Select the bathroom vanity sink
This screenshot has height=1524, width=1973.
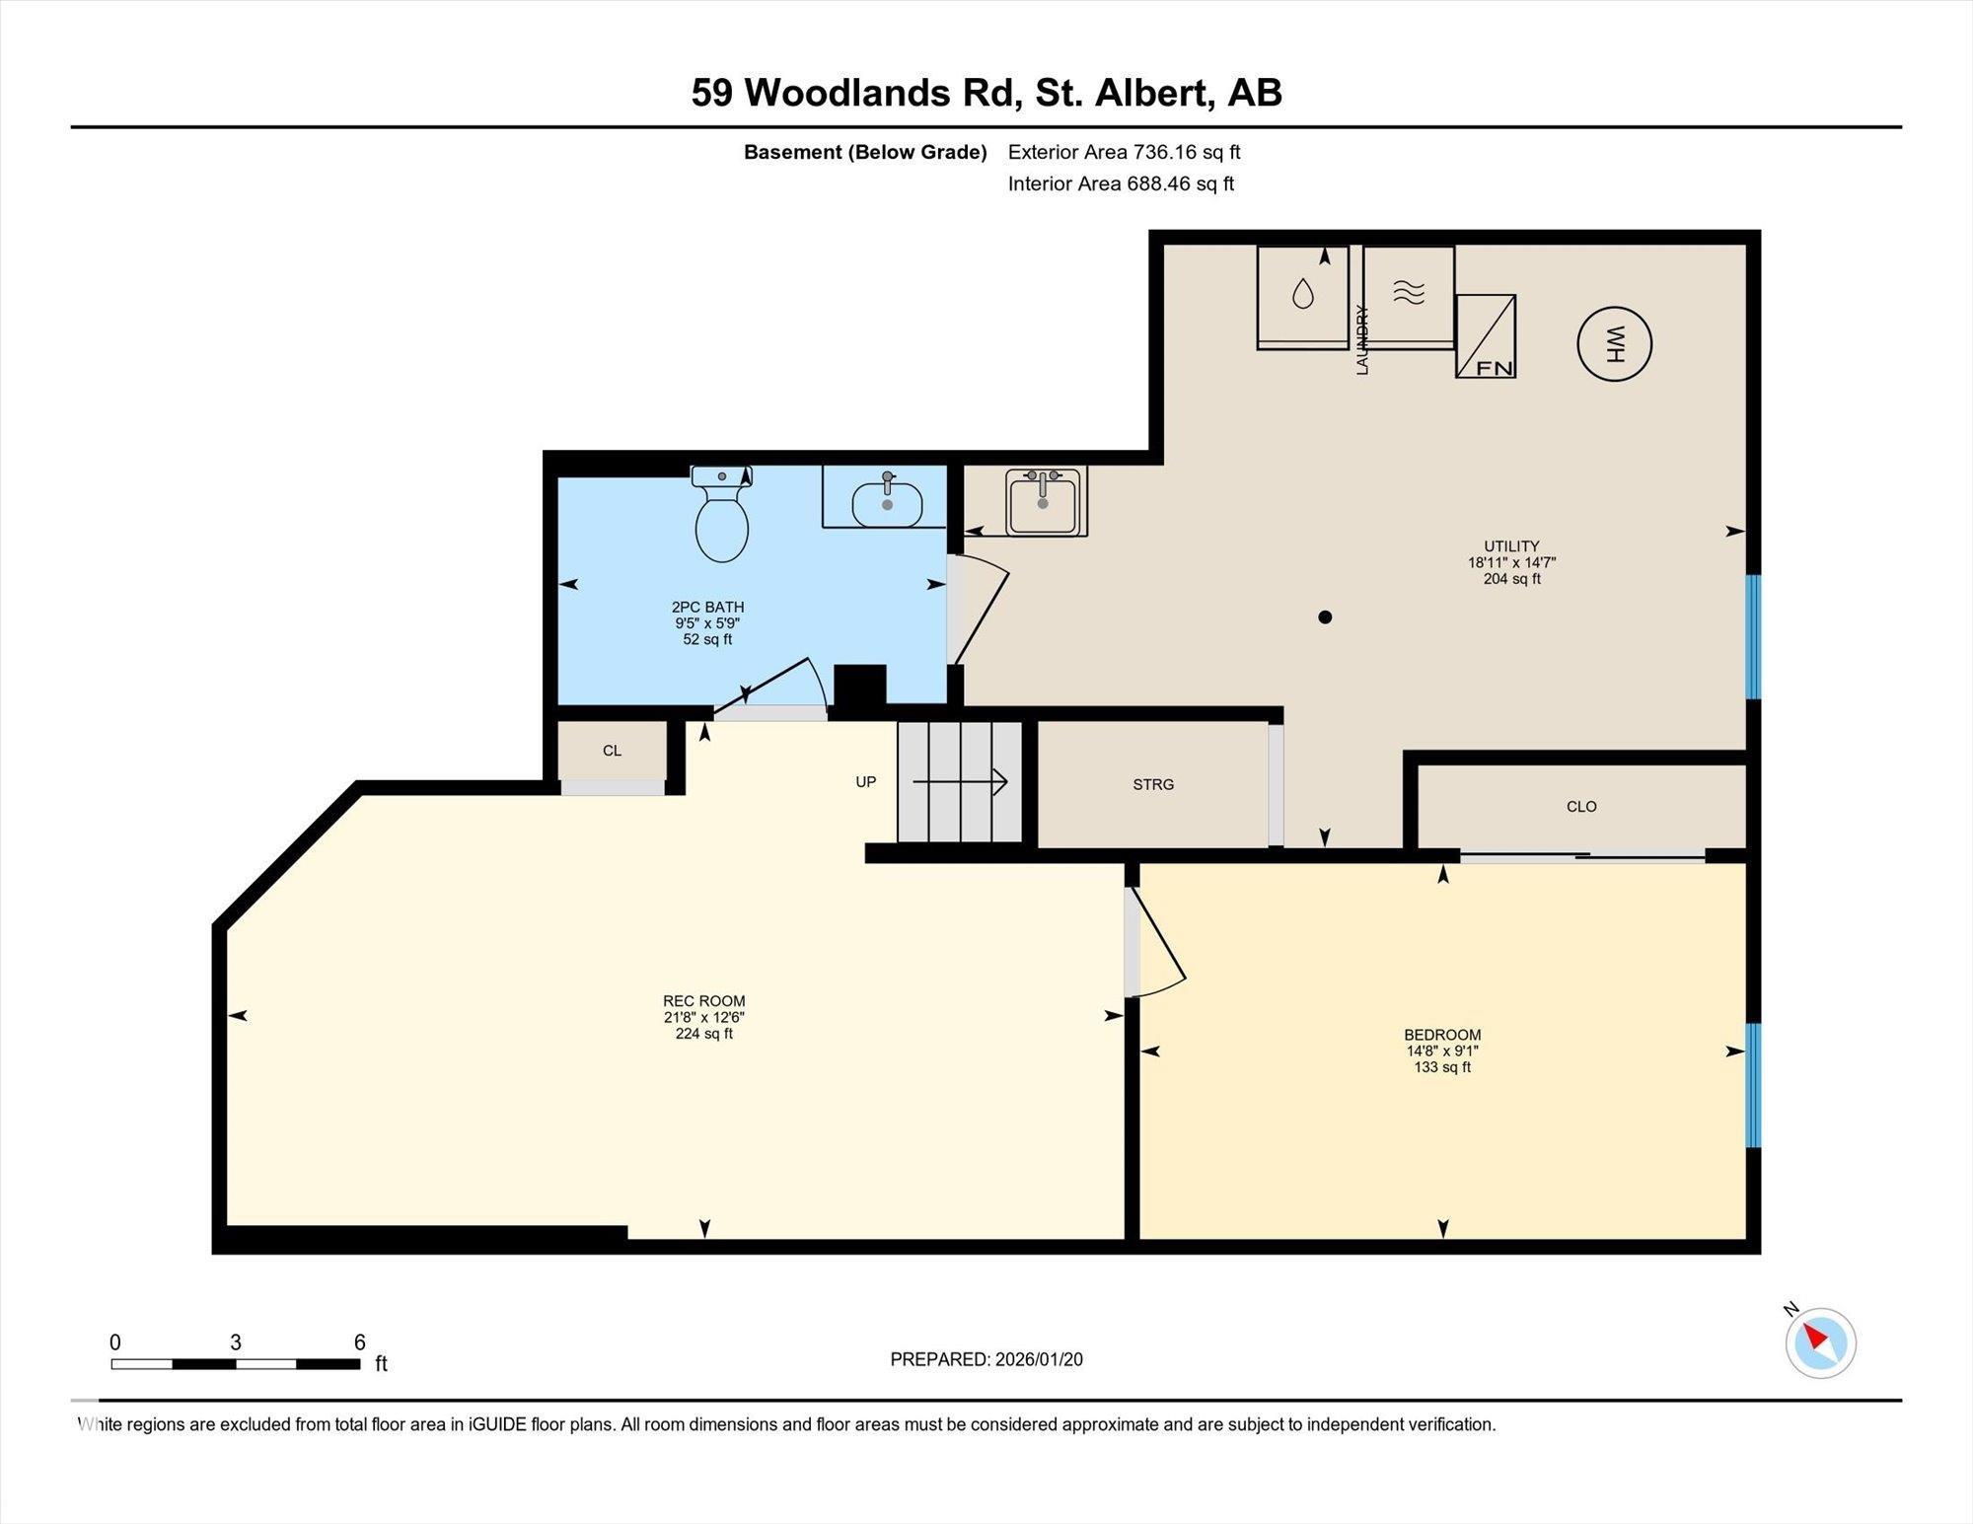tap(887, 504)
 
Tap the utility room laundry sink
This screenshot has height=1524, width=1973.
tap(1045, 502)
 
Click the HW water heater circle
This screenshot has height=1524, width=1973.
tap(1614, 344)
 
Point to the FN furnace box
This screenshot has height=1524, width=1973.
tap(1486, 336)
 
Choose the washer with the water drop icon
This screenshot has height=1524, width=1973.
tap(1302, 295)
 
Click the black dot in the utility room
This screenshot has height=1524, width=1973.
tap(1325, 617)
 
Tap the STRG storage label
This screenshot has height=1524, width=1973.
tap(1153, 785)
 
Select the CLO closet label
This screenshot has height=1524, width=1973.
tap(1580, 807)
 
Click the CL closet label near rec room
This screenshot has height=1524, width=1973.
tap(612, 751)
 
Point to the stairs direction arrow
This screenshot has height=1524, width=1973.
tap(960, 782)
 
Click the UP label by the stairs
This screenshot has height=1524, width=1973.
tap(865, 782)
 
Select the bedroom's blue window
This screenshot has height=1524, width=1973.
tap(1753, 1085)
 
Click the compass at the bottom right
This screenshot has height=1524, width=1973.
tap(1820, 1343)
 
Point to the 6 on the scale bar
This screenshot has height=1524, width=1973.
tap(360, 1343)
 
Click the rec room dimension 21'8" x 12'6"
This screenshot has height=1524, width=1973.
tap(703, 1017)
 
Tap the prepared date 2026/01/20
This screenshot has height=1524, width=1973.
tap(1038, 1359)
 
